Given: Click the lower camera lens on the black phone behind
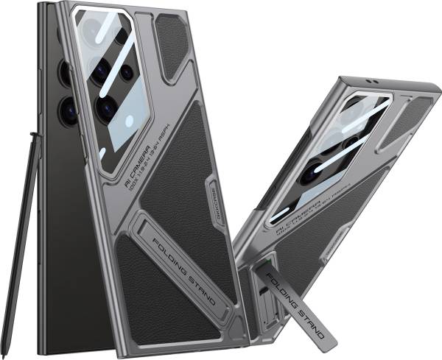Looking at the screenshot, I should (x=68, y=110).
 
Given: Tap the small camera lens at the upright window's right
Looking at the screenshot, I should (x=127, y=72).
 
